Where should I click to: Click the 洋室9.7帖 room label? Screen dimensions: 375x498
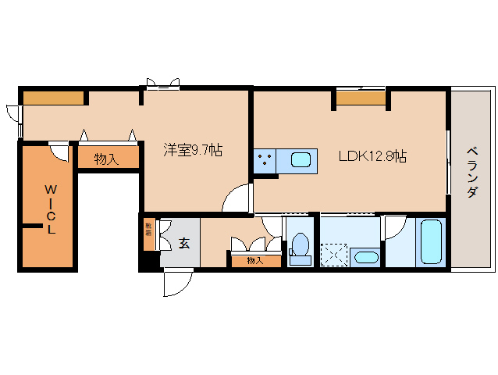(192, 150)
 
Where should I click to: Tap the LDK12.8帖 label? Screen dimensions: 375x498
(372, 156)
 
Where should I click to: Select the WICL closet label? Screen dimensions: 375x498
(50, 209)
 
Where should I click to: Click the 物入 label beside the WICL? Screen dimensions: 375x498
(106, 159)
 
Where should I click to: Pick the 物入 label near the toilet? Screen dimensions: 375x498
(254, 260)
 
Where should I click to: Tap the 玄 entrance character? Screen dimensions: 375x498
(184, 243)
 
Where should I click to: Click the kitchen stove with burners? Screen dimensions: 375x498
(264, 161)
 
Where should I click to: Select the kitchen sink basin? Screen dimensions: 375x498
(301, 160)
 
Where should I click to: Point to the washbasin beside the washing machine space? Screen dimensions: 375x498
(365, 255)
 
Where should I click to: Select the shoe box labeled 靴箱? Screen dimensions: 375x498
(148, 234)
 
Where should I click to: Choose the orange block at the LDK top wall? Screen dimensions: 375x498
(361, 98)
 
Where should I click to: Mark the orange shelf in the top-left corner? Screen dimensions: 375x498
(53, 98)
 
